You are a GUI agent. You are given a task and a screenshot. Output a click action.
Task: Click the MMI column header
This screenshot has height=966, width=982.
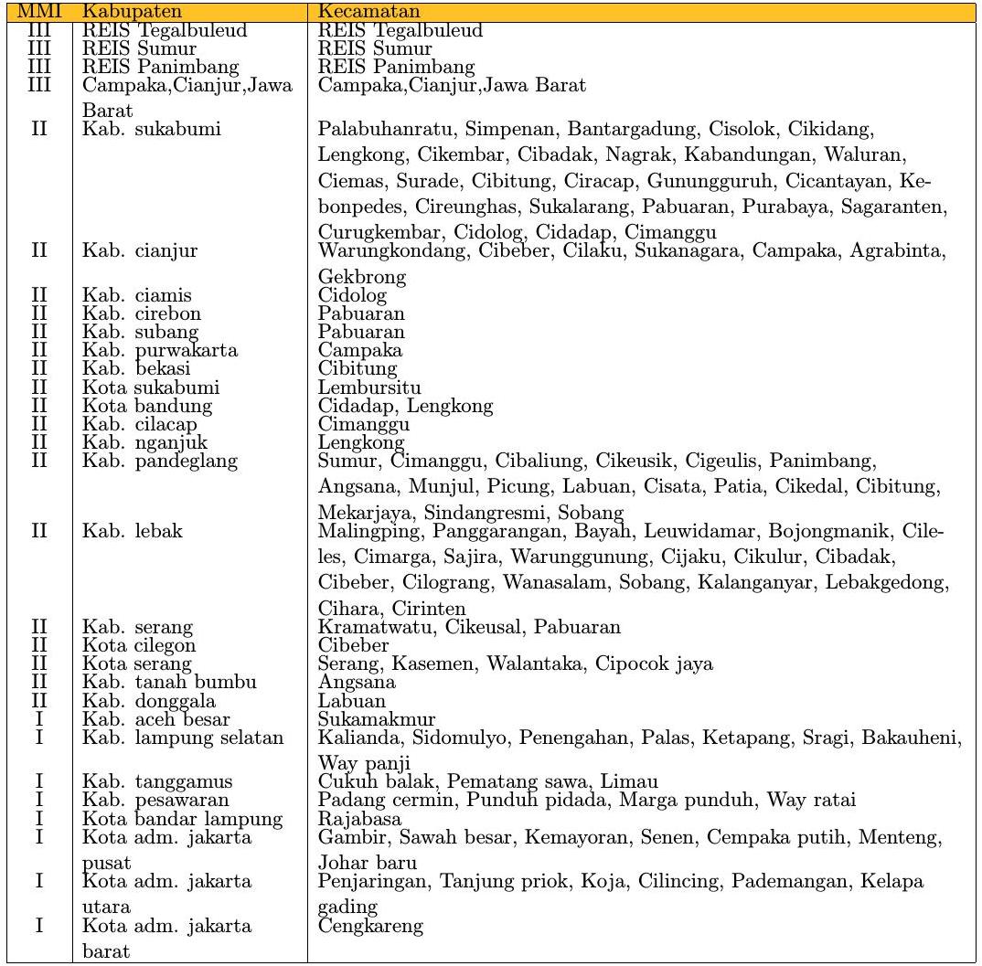(38, 13)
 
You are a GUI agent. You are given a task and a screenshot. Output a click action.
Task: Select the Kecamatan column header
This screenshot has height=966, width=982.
(368, 13)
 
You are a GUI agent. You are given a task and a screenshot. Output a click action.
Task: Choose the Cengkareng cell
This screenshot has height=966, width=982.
(370, 927)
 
